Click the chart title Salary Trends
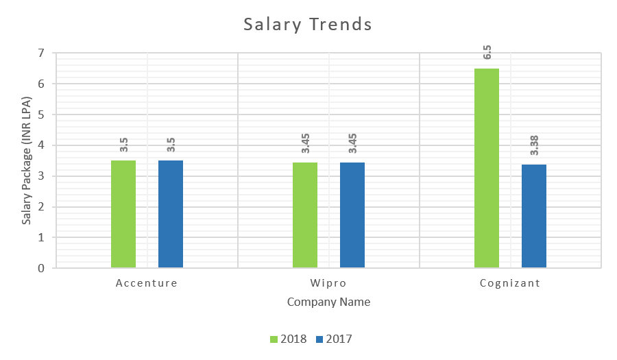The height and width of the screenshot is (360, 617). tap(308, 25)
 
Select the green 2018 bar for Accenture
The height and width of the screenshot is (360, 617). tap(123, 214)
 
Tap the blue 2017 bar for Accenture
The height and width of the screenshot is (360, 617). tap(171, 214)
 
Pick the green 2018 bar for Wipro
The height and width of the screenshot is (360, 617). tap(305, 215)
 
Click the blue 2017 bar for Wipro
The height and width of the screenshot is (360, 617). tap(352, 215)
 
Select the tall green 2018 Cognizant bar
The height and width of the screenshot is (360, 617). tap(487, 168)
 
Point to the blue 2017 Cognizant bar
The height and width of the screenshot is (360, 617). tap(534, 216)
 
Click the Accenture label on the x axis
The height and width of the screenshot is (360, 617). tap(147, 283)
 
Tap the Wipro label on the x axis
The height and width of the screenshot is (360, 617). tap(328, 283)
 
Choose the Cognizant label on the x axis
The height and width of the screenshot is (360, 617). tap(510, 283)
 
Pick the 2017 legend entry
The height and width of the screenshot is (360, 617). tap(334, 339)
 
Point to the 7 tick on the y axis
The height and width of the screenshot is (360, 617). tap(42, 53)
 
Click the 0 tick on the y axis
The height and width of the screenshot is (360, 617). tap(42, 268)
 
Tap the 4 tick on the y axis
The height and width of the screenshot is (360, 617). tap(42, 145)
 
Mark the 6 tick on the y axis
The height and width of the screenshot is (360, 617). tap(42, 84)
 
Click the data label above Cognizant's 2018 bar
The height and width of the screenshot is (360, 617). tap(487, 53)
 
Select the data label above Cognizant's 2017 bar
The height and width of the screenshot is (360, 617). tap(535, 145)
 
